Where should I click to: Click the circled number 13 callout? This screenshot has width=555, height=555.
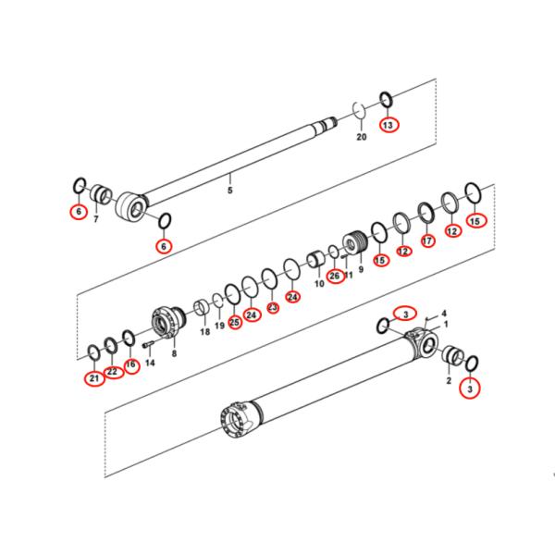coord(387,124)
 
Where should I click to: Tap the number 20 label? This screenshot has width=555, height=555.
coord(362,137)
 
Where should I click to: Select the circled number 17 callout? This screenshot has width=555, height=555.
coord(426,240)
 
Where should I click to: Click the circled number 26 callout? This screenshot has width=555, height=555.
coord(335,275)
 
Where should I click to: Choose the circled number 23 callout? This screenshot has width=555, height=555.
coord(273,307)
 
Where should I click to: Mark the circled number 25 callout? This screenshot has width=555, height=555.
coord(235,321)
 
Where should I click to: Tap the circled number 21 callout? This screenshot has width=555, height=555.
coord(93,377)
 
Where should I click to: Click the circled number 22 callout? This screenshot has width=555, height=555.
coord(112,372)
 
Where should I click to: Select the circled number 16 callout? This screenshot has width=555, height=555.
coord(131,364)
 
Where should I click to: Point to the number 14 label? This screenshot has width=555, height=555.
coord(150,364)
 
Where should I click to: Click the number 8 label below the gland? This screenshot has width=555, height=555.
coord(173,352)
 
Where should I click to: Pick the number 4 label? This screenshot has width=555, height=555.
coord(443,314)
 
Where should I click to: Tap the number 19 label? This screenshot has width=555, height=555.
coord(219,327)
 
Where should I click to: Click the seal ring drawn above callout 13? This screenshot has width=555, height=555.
coord(386,99)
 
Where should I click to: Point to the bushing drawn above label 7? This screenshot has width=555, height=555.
coord(100,195)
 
